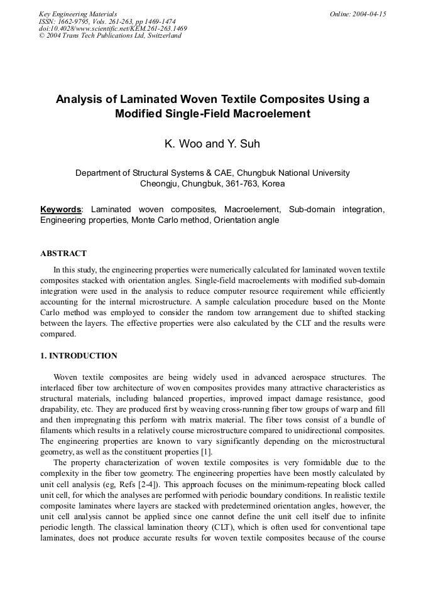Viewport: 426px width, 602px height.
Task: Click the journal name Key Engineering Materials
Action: point(78,14)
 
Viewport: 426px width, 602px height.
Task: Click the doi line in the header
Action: point(112,28)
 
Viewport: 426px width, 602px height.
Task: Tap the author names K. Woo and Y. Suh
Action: point(212,144)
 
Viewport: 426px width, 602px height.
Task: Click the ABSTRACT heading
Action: point(63,254)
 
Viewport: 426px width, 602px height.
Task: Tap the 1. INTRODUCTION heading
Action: point(79,356)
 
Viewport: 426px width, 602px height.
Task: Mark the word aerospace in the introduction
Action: point(310,377)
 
